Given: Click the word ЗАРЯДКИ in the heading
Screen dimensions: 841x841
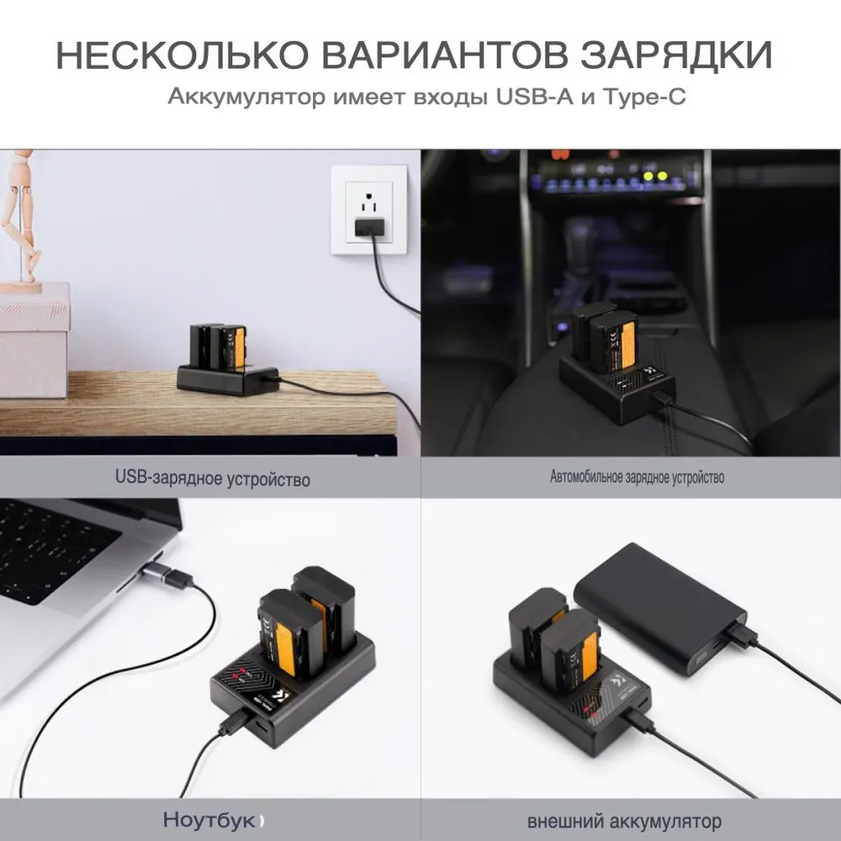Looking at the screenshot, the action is click(677, 54).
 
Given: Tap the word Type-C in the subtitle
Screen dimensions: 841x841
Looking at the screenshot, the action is click(644, 97).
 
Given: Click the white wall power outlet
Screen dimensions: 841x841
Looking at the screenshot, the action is click(369, 209).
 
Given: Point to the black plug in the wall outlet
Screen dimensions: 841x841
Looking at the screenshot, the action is click(369, 227).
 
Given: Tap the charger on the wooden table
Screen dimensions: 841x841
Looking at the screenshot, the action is click(228, 360).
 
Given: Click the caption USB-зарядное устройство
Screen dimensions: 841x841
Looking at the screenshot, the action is click(213, 478).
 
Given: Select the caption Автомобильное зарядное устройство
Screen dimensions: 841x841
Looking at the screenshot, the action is click(637, 477).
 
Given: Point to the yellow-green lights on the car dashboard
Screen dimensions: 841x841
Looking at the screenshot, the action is click(655, 176).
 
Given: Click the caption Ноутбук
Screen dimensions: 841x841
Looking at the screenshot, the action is click(209, 819).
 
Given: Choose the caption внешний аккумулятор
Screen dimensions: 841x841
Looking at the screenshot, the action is click(624, 821).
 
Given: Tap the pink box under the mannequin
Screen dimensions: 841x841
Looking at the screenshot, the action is click(34, 340).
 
